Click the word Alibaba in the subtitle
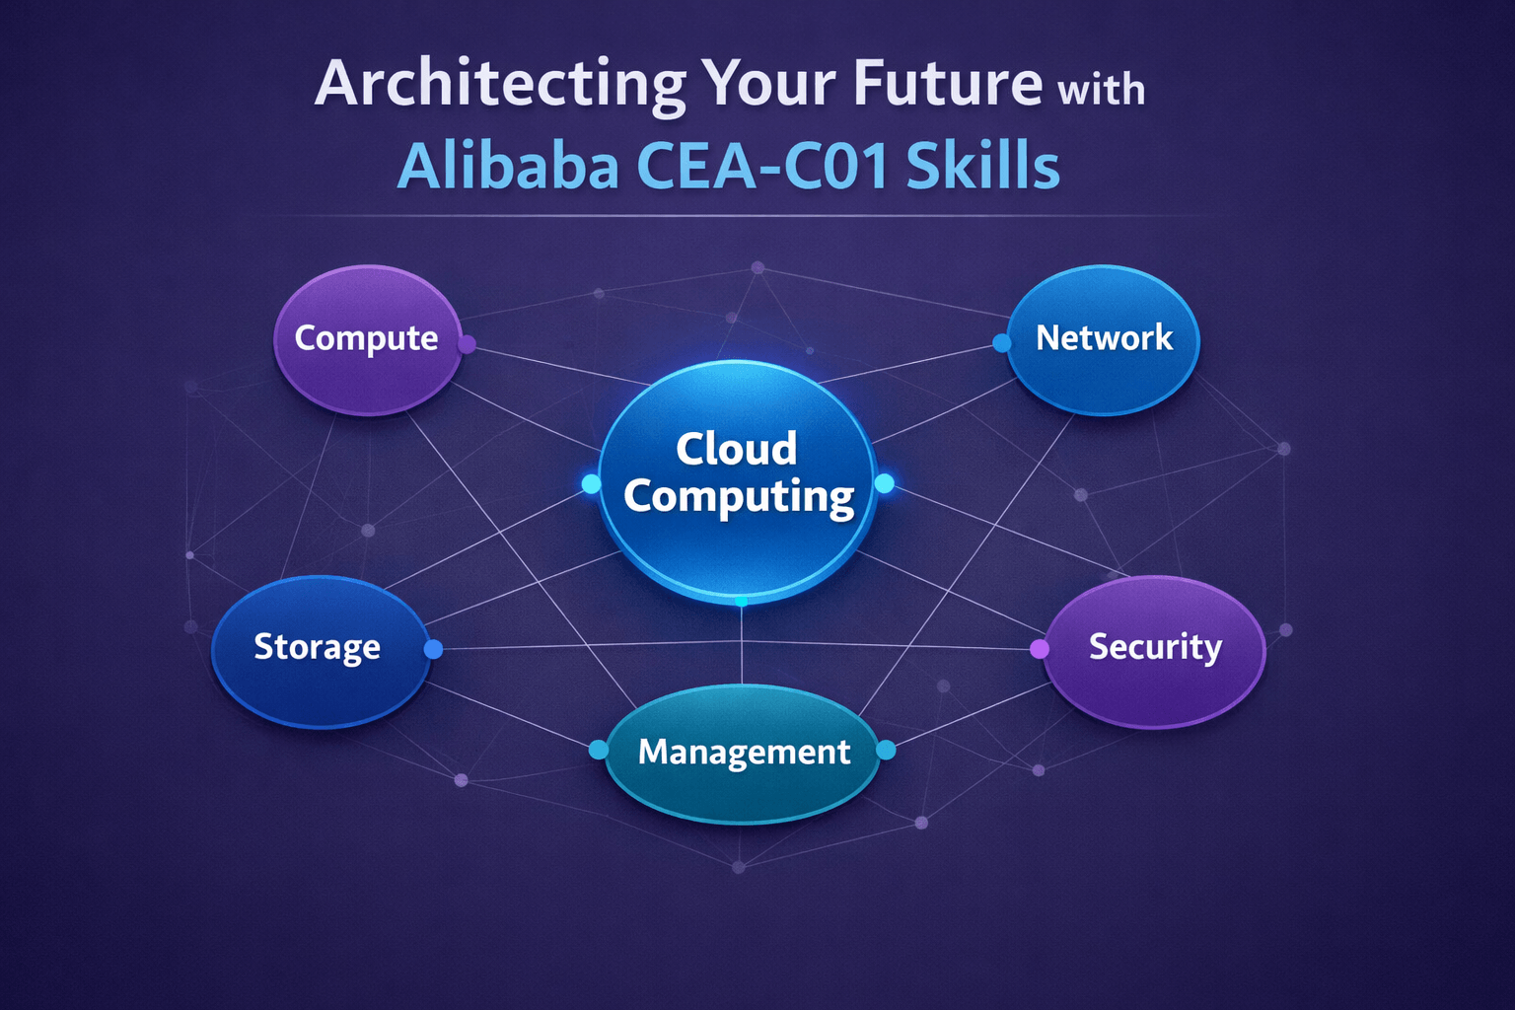click(x=507, y=166)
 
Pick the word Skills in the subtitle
click(x=982, y=166)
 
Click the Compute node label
click(x=366, y=338)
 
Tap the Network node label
click(x=1104, y=338)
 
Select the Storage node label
click(x=317, y=647)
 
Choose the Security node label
click(x=1155, y=647)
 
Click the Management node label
click(x=744, y=753)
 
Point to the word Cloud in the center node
click(x=736, y=449)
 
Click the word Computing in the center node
click(x=739, y=496)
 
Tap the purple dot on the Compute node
click(x=468, y=344)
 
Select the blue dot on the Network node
click(x=1002, y=343)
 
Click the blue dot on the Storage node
click(x=433, y=649)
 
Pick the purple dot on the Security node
click(x=1040, y=649)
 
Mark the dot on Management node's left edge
click(x=598, y=751)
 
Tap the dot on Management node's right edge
click(x=886, y=751)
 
